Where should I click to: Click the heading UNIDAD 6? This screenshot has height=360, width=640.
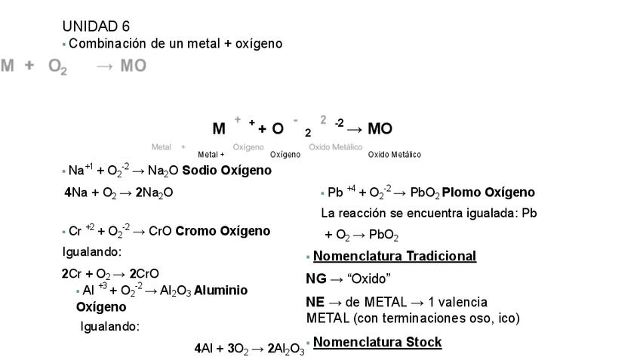[x=96, y=26]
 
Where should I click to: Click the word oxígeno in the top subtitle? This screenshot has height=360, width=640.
[x=258, y=44]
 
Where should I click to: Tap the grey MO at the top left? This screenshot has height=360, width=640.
[x=133, y=66]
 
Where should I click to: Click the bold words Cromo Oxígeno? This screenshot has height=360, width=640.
[x=223, y=231]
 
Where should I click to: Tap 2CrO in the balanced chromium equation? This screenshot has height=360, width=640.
[x=143, y=273]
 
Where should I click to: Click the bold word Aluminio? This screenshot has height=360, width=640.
[x=220, y=290]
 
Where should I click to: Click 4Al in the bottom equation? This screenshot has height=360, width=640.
[x=203, y=349]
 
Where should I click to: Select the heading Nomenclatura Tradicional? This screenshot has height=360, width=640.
[x=395, y=256]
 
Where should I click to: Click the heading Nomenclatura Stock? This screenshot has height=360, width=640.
[x=377, y=343]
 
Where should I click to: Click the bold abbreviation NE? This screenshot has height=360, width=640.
[x=315, y=302]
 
